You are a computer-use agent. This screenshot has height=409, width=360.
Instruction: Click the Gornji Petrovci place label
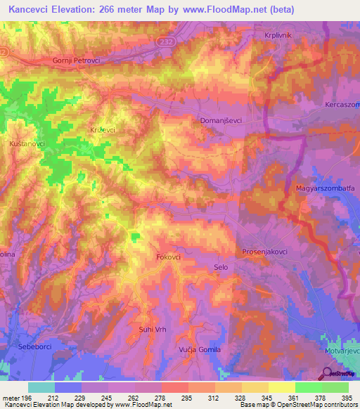coord(77,60)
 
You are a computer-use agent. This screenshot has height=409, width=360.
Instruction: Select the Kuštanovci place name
coord(27,143)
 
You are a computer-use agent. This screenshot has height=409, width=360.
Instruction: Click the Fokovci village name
coord(169,258)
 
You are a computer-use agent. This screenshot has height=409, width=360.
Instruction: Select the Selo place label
coord(221,267)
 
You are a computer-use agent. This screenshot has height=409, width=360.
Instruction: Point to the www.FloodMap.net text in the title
coord(227,9)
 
